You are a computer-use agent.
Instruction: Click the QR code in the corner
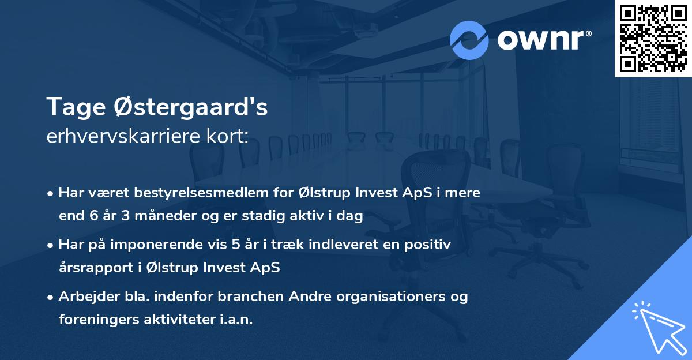[653, 39]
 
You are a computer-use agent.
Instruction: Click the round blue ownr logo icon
[469, 40]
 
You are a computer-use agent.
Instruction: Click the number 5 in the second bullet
[236, 245]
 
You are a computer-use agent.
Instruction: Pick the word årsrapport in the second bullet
[92, 268]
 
